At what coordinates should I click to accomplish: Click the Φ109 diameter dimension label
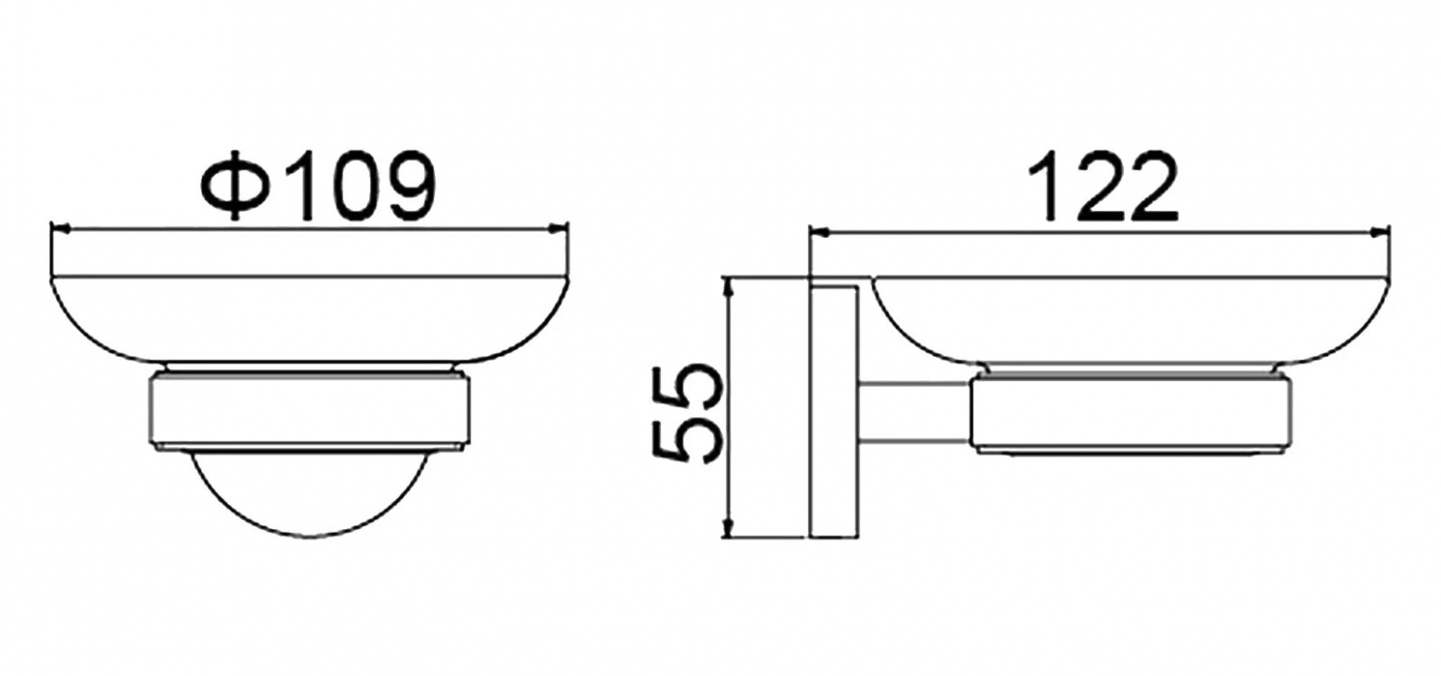click(x=320, y=187)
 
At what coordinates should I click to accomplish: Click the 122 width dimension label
click(x=1103, y=187)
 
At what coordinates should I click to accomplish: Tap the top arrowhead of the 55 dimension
click(x=728, y=287)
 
